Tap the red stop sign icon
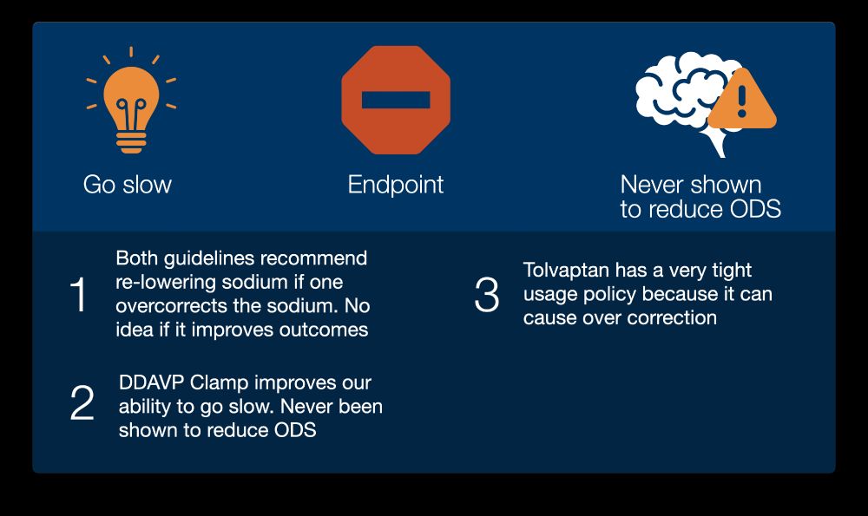pos(396,100)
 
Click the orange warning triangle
pos(742,100)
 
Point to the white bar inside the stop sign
pos(396,100)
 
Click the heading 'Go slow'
pos(128,185)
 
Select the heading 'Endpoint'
pos(396,186)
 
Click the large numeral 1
pos(79,295)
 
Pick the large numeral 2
pos(82,402)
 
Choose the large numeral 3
pos(487,295)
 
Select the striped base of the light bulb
pos(131,142)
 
